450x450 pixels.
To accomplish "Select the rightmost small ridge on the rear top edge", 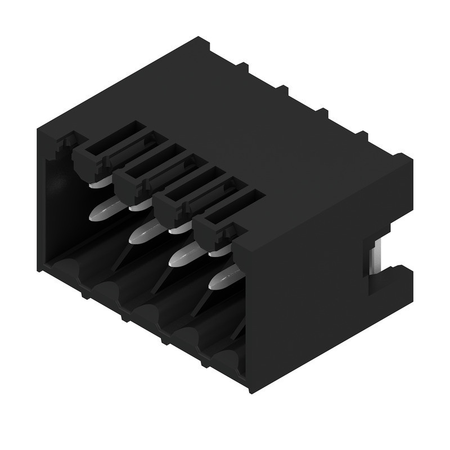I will tap(361, 135).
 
